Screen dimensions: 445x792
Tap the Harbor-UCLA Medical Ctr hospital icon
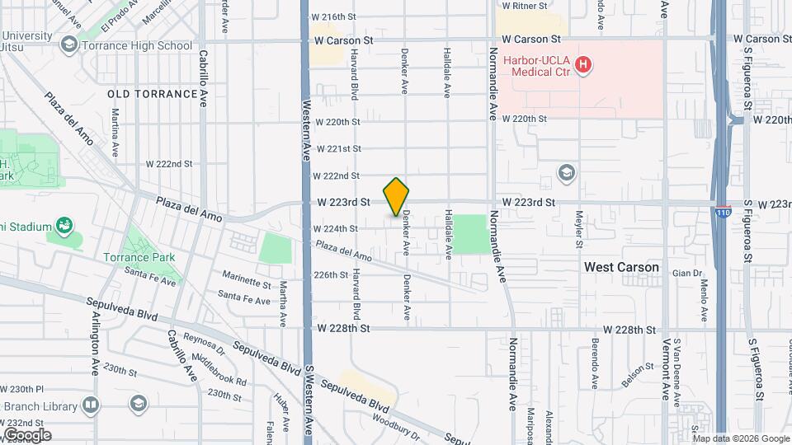pyautogui.click(x=583, y=64)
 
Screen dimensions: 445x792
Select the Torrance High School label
pyautogui.click(x=137, y=45)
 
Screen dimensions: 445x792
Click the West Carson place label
pyautogui.click(x=621, y=267)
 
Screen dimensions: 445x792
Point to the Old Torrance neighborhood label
pyautogui.click(x=153, y=94)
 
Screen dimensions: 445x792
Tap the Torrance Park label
pyautogui.click(x=139, y=257)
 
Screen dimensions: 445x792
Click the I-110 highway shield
pyautogui.click(x=723, y=211)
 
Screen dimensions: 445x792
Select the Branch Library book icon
pyautogui.click(x=90, y=405)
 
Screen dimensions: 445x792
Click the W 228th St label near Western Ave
pyautogui.click(x=342, y=328)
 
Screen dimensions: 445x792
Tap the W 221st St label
pyautogui.click(x=338, y=149)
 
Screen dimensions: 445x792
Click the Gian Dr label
pyautogui.click(x=686, y=273)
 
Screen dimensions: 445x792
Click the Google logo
pyautogui.click(x=26, y=434)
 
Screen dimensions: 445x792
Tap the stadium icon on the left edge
pyautogui.click(x=64, y=226)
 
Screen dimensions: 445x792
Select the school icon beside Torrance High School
pyautogui.click(x=69, y=45)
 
